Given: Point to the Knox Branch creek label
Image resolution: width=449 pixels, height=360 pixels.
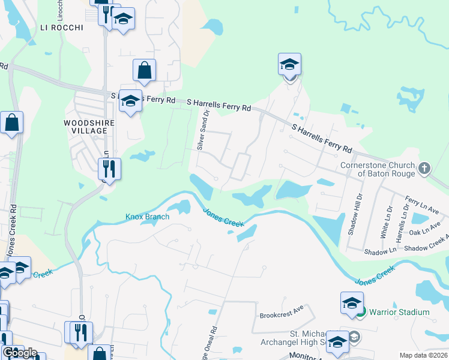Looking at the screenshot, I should (x=147, y=217).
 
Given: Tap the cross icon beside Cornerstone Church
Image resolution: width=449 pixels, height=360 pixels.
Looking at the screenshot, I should (x=425, y=168).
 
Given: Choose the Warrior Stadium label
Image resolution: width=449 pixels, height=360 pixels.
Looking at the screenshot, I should (x=399, y=312).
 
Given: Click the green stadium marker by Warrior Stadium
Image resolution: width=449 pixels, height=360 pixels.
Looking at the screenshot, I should (x=360, y=312).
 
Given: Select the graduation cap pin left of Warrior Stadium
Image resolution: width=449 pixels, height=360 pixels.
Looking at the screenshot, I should (x=352, y=304).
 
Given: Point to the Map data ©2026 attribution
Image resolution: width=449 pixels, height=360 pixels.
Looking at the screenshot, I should (x=424, y=355).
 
